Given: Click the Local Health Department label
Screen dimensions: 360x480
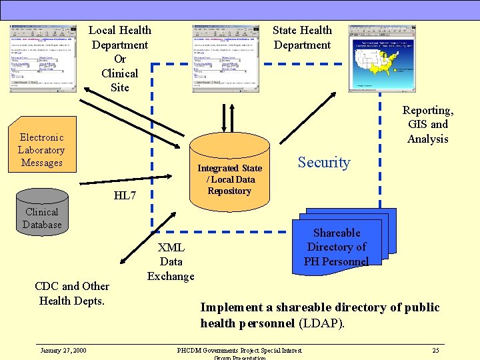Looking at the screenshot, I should (x=120, y=59).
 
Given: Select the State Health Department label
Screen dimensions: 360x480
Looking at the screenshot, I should (x=302, y=37).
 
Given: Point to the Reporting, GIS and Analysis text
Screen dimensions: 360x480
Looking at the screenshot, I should (x=427, y=125).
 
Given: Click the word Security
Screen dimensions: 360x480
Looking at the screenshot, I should (x=324, y=163).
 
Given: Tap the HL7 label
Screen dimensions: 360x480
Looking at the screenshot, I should (x=125, y=195).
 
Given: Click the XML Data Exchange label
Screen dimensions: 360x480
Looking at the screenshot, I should (x=171, y=261).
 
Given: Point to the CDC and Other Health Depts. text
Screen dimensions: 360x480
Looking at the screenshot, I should (x=72, y=293).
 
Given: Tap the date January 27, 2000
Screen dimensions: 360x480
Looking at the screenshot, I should (x=63, y=351).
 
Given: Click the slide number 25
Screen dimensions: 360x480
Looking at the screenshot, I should (x=435, y=351).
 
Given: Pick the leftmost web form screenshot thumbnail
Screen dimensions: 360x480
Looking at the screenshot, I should (x=43, y=59).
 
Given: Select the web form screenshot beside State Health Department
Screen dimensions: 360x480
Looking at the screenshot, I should (x=225, y=59).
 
